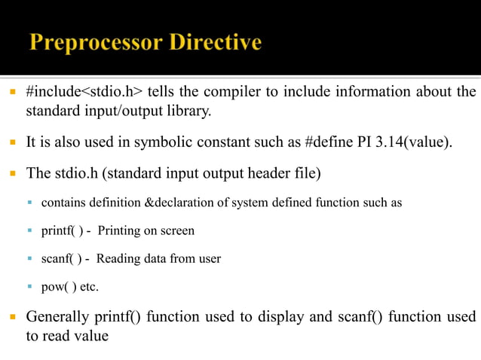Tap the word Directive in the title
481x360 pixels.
click(x=215, y=42)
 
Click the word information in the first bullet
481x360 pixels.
click(x=359, y=93)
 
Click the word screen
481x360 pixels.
click(x=177, y=230)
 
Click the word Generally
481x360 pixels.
click(x=60, y=316)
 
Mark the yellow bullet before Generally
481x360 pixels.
click(x=14, y=316)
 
